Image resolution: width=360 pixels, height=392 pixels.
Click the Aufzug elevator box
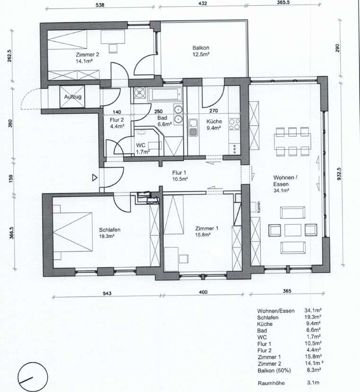click(x=72, y=97)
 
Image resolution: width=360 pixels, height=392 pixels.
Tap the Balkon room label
click(x=201, y=48)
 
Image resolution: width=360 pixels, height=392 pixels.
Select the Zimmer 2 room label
click(x=88, y=54)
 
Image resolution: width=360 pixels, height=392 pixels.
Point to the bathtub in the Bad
click(x=165, y=95)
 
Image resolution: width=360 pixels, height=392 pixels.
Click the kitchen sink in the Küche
click(x=193, y=127)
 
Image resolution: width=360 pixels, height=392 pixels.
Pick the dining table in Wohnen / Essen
click(x=292, y=141)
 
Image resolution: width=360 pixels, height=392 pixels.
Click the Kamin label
click(x=258, y=207)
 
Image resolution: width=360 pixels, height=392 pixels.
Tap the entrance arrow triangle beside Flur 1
click(x=95, y=178)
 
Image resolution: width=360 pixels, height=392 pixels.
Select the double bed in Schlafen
click(x=72, y=232)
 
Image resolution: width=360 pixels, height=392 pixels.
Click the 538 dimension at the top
click(x=100, y=5)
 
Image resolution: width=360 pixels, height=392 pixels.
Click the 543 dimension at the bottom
click(x=107, y=293)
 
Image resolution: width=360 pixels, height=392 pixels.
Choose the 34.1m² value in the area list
click(x=313, y=311)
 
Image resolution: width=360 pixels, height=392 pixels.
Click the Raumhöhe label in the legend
click(x=271, y=383)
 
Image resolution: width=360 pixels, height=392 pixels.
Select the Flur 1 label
click(x=179, y=173)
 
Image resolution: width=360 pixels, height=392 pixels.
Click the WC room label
click(x=140, y=145)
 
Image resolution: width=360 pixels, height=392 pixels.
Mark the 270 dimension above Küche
click(x=213, y=111)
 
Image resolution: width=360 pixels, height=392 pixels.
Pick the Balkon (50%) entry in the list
click(x=274, y=371)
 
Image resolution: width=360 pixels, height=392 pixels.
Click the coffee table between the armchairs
click(x=293, y=230)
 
